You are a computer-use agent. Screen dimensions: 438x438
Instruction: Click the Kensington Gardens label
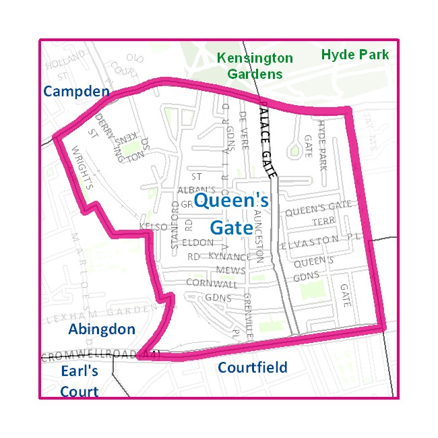coord(255,66)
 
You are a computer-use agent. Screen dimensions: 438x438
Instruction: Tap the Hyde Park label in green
coord(355,55)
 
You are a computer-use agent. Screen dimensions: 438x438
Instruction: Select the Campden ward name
coord(76,91)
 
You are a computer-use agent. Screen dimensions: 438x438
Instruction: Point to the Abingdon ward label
coord(102,329)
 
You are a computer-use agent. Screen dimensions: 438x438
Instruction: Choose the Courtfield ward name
coord(253,368)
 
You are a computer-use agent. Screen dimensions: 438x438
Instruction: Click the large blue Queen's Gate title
coord(231,213)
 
